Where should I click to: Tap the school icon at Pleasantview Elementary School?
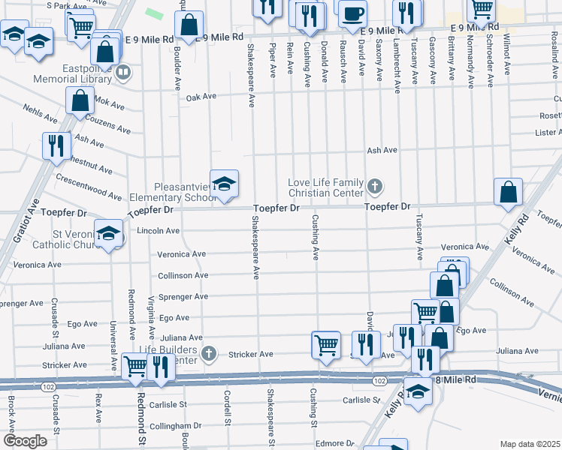coord(224,184)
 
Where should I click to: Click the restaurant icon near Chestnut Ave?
coord(56,145)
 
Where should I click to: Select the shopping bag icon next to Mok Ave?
coord(80,100)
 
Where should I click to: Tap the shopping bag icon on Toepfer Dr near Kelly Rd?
coord(509,192)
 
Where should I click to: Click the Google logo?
coord(25,441)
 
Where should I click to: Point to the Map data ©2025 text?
coord(530,444)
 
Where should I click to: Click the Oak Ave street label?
coord(201,97)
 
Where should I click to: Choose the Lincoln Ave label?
coord(159,231)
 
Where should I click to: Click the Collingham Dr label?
coord(177,425)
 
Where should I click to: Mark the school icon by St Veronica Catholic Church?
coord(108,234)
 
